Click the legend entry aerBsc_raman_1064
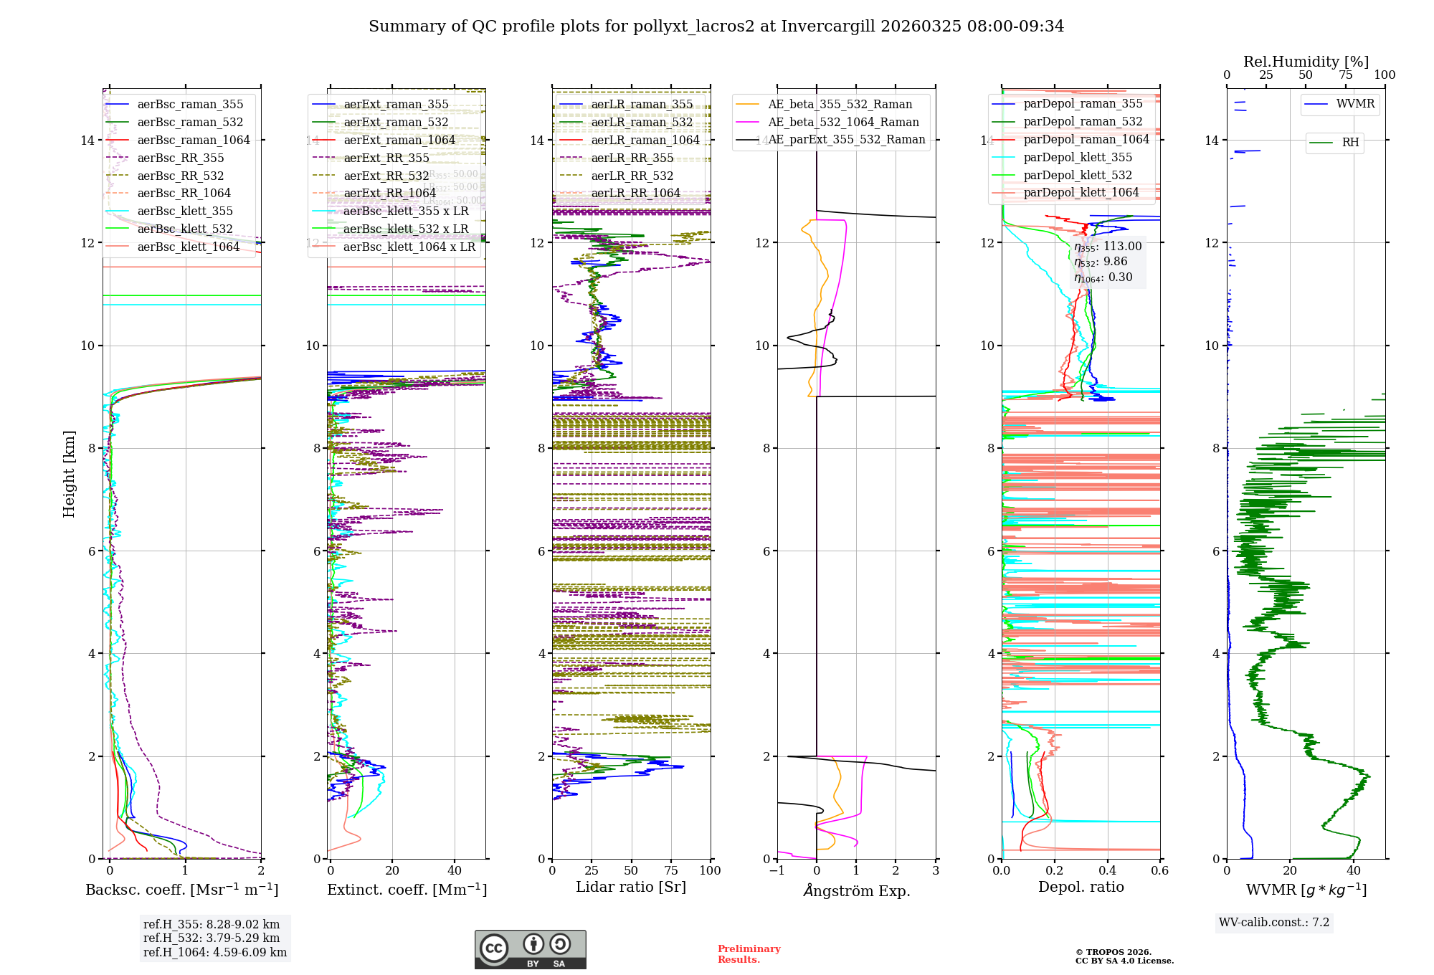pos(194,140)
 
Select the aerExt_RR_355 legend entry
pos(386,158)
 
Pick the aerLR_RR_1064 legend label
pos(635,193)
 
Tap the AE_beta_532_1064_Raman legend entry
pos(843,122)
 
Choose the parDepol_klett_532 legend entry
pos(1078,175)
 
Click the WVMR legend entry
pos(1355,104)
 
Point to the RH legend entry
pos(1350,143)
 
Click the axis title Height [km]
pos(69,474)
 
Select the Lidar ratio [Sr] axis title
pos(631,888)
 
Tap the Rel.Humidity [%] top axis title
pos(1306,62)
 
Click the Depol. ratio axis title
pos(1081,888)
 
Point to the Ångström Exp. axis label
pos(856,891)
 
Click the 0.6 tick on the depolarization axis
pos(1159,871)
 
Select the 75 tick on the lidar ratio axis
pos(671,871)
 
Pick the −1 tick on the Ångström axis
pos(777,871)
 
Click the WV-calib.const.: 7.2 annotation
pos(1274,923)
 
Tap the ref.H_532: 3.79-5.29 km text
pos(212,938)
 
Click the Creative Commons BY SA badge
pos(530,950)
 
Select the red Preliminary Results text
pos(749,954)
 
